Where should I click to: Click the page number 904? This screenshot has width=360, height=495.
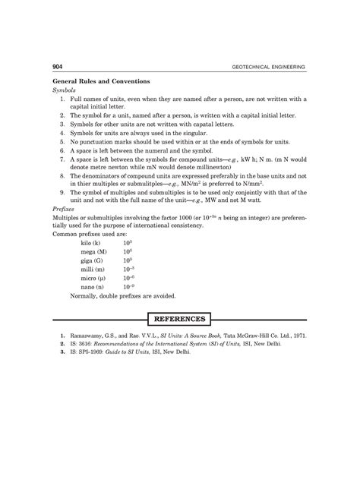click(x=57, y=68)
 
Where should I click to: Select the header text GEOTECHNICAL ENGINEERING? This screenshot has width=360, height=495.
click(x=270, y=68)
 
